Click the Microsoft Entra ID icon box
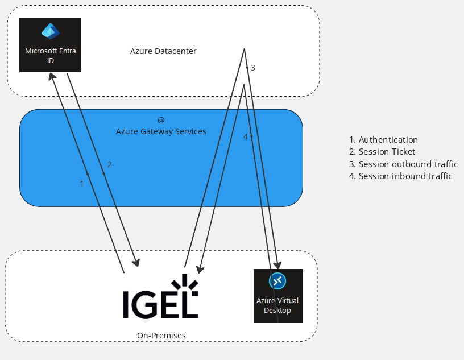point(50,45)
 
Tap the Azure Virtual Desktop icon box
point(277,296)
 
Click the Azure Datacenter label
point(163,51)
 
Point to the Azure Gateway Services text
point(161,131)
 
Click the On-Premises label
point(161,336)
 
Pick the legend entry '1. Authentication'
point(383,140)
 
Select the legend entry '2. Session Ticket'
point(382,152)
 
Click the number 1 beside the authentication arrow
point(82,184)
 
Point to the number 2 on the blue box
point(110,164)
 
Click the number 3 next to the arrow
point(253,68)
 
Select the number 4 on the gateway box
point(246,136)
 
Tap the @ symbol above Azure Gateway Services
point(161,120)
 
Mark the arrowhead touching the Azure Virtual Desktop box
point(277,264)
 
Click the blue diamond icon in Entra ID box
point(50,31)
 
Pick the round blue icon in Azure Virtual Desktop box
point(277,281)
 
